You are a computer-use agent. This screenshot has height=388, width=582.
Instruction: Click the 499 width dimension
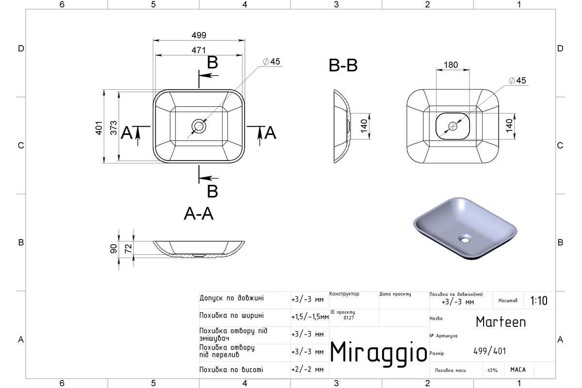pos(199,35)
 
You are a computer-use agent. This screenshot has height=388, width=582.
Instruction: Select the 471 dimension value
pos(199,50)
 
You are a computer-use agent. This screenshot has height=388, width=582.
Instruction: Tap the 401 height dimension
pos(99,128)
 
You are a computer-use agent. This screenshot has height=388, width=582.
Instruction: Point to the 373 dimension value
pos(113,128)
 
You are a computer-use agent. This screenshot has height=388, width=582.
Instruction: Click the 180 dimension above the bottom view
pos(451,65)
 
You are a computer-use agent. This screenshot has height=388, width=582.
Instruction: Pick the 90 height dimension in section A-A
pos(113,249)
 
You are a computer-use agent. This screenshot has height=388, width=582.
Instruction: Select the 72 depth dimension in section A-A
pos(129,248)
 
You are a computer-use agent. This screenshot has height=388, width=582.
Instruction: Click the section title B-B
pos(343,65)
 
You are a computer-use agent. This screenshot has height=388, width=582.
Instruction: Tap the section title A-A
pos(199,214)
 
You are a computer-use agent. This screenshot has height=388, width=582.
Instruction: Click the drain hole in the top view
pos(199,126)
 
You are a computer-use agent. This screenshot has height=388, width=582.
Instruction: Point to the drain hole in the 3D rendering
pos(465,238)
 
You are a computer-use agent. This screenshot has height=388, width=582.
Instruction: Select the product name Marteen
pos(501,322)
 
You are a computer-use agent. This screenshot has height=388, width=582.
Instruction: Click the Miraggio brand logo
pos(379,353)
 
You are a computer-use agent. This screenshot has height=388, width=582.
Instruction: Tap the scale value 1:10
pos(539,301)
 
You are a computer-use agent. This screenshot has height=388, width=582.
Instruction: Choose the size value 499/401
pos(489,351)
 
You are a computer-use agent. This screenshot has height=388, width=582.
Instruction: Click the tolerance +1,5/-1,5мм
pos(310,317)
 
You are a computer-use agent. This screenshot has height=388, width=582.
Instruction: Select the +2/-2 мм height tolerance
pos(307,370)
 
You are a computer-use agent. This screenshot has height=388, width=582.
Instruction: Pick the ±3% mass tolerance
pos(492,370)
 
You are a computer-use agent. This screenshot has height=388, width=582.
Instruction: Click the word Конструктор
pos(344,293)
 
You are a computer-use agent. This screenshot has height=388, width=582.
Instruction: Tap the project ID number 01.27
pos(349,318)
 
